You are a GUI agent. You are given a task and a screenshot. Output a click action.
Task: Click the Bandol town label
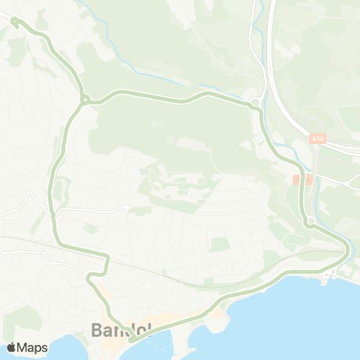pyautogui.click(x=120, y=329)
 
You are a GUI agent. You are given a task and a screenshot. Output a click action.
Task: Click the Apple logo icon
pyautogui.click(x=11, y=347)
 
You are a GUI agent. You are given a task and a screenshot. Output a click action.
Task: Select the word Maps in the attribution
pyautogui.click(x=33, y=347)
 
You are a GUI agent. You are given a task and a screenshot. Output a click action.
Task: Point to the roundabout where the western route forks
pyautogui.click(x=85, y=100)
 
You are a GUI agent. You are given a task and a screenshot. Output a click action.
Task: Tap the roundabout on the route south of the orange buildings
pyautogui.click(x=309, y=220)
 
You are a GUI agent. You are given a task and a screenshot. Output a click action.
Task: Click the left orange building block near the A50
pyautogui.click(x=297, y=180)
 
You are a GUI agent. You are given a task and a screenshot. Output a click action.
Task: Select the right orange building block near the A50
pyautogui.click(x=308, y=180)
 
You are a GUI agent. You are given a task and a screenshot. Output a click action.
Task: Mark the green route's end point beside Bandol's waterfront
pyautogui.click(x=131, y=340)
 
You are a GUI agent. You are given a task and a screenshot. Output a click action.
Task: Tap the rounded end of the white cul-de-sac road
pyautogui.click(x=128, y=208)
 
